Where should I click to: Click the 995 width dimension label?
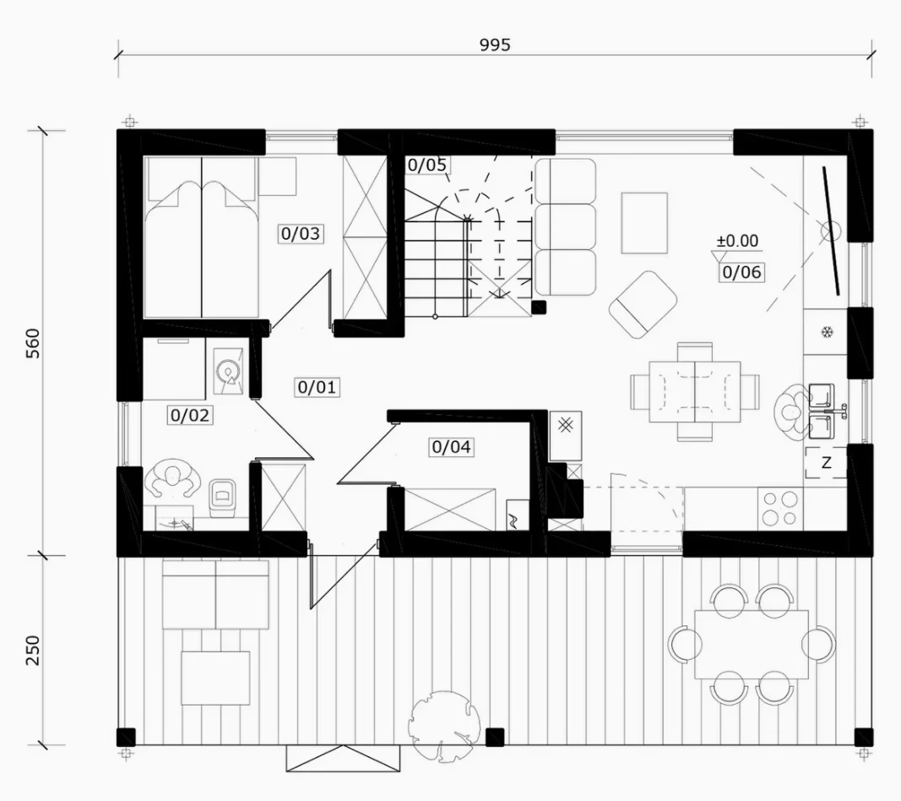pos(495,44)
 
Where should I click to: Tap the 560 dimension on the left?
pos(33,343)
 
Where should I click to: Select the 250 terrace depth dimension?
pos(33,651)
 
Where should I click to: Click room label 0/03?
pos(301,233)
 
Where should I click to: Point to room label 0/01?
pos(317,387)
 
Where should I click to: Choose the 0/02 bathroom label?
pos(190,415)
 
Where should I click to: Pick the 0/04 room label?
pos(451,447)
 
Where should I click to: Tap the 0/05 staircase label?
pos(427,165)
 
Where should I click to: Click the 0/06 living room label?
pos(742,272)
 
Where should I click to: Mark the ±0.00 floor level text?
pos(737,240)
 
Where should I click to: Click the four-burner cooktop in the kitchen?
pos(780,509)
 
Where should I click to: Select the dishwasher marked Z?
pos(826,462)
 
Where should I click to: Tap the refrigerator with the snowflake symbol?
pos(827,332)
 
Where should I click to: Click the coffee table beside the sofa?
pos(644,223)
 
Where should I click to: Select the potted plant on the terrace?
pos(441,724)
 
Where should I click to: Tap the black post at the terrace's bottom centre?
pos(495,737)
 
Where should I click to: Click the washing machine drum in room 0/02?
pos(229,372)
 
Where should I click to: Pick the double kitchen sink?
pos(821,411)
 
